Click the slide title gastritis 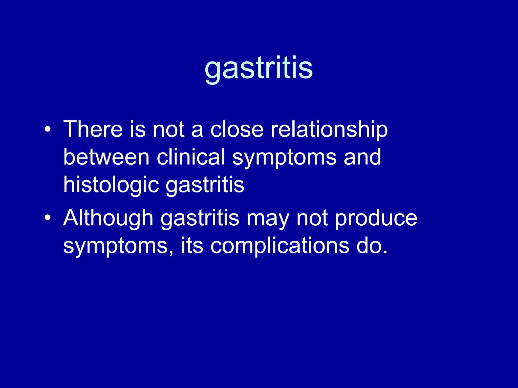tap(258, 68)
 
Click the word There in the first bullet tap(93, 129)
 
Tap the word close tap(237, 129)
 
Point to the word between tap(106, 157)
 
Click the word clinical tap(191, 157)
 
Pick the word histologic tap(111, 185)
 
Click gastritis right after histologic tap(205, 185)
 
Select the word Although tap(108, 218)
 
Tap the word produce tap(376, 218)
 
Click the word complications tap(280, 246)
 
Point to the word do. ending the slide tap(372, 246)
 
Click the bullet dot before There tap(47, 130)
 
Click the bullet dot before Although tap(47, 218)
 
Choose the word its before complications tap(192, 246)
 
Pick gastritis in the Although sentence tap(200, 218)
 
